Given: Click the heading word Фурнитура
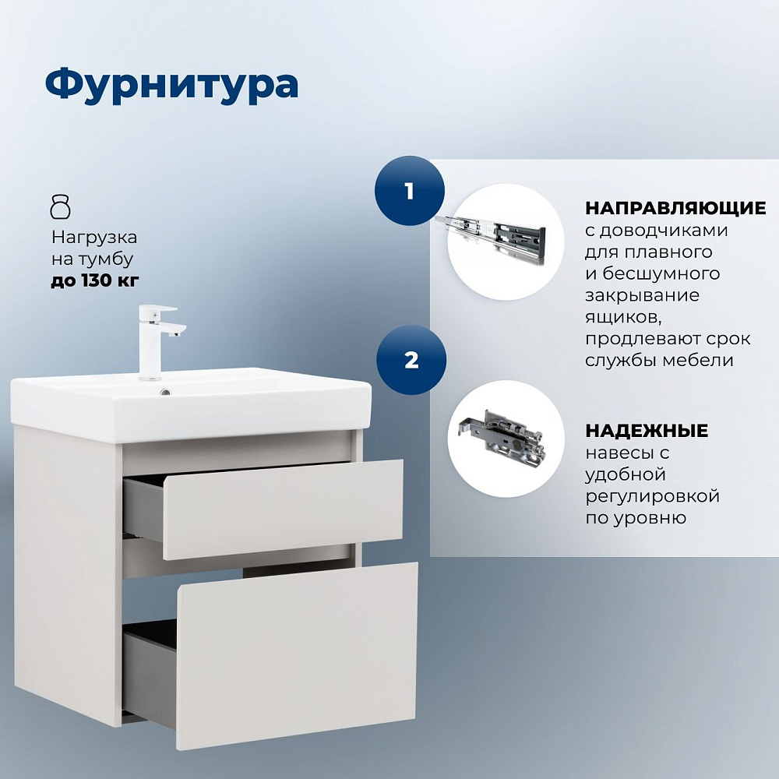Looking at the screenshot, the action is [171, 85].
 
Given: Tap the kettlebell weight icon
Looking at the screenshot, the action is [61, 207].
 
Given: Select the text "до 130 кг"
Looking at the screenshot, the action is [95, 280].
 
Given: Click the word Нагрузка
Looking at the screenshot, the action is [94, 237].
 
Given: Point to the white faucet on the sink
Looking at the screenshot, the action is [158, 342].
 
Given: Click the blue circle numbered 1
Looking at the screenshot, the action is [410, 191].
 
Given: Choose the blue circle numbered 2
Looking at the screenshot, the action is [411, 360].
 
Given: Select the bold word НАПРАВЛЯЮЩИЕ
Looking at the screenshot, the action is [675, 208].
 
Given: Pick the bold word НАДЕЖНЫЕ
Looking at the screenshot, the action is [647, 430].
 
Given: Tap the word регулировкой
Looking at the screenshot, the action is [652, 496].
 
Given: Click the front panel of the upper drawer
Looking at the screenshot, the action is [283, 509].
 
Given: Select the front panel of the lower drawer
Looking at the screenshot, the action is [297, 655].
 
